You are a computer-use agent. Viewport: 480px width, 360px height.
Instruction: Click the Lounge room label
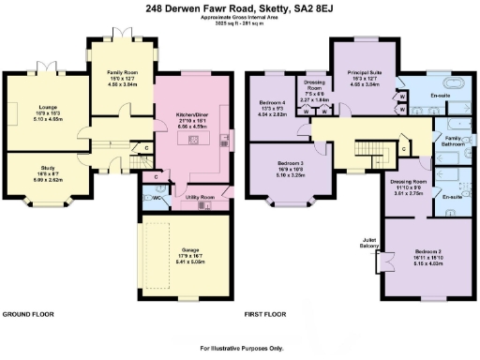[46, 110]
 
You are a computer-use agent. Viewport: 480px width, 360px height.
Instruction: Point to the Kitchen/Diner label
[191, 116]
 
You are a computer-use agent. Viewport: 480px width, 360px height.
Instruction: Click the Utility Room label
[201, 198]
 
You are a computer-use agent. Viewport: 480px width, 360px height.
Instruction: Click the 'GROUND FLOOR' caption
[26, 313]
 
